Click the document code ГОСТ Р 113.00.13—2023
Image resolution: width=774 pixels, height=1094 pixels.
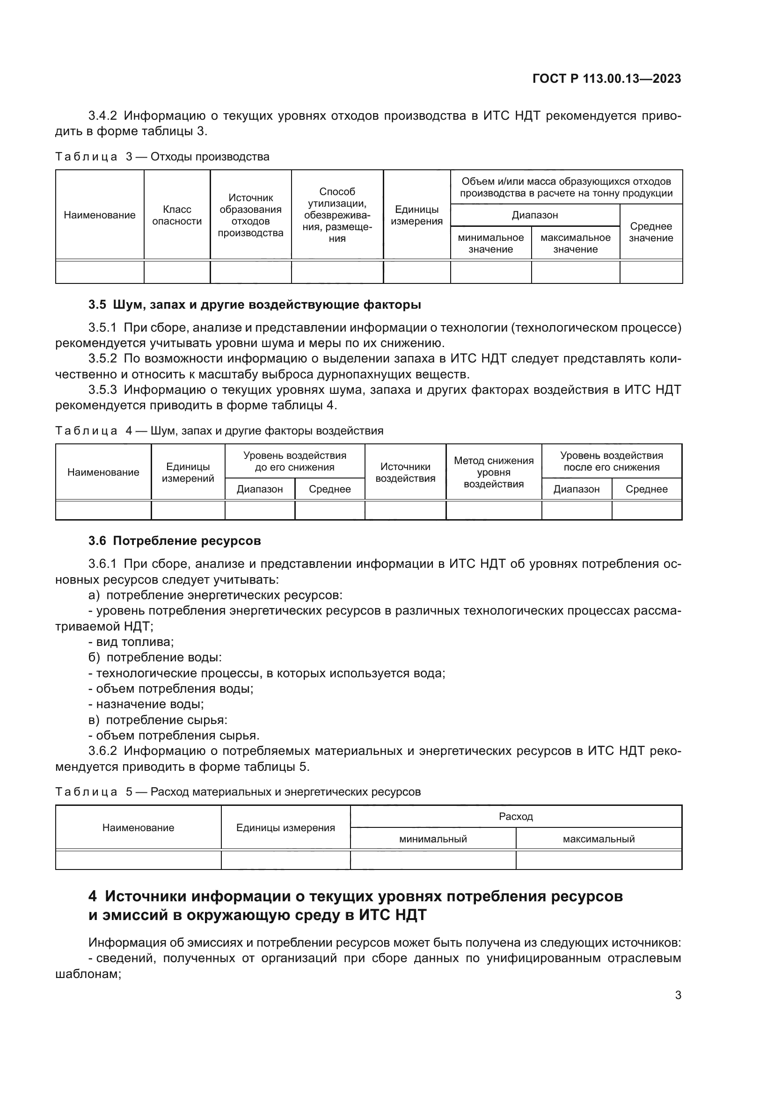[606, 79]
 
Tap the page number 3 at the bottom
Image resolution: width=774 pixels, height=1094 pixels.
[678, 995]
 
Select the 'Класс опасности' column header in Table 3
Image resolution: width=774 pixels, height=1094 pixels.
[177, 215]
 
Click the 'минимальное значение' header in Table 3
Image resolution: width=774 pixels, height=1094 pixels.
[490, 244]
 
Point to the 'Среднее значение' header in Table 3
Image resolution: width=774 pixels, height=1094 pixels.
[650, 232]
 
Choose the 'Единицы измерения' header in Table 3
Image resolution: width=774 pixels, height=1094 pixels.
[416, 215]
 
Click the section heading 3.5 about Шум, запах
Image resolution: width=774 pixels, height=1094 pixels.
[255, 304]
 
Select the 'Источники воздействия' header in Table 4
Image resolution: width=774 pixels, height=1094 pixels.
[405, 472]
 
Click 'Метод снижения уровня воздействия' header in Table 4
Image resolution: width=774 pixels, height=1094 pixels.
[493, 472]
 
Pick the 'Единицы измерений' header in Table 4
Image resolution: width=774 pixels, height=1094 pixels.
[188, 472]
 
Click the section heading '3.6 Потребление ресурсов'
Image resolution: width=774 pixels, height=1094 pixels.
[175, 541]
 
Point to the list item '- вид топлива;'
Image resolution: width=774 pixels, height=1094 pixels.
[131, 642]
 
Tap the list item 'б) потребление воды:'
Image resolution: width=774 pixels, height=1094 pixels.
[155, 658]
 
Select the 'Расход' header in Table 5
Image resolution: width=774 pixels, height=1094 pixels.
[516, 816]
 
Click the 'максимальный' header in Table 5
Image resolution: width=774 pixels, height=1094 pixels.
[599, 839]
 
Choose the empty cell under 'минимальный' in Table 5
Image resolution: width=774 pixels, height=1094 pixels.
[433, 860]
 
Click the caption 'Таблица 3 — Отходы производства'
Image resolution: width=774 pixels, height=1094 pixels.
[162, 157]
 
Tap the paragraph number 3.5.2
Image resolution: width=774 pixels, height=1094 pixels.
[102, 358]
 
